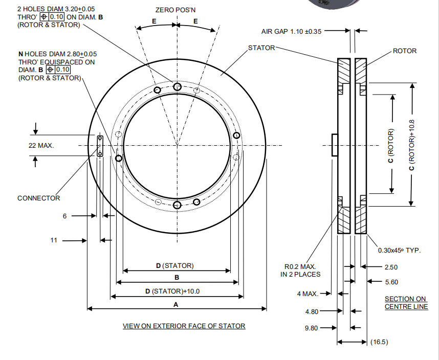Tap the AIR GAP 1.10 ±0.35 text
(292, 31)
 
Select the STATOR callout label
(261, 48)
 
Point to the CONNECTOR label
(38, 198)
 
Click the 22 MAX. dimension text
(41, 146)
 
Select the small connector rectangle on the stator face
(100, 146)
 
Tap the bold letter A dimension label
(177, 304)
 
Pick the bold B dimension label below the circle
(177, 278)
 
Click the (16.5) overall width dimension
(379, 342)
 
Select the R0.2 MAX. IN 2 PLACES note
(302, 271)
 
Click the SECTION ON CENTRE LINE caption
(405, 303)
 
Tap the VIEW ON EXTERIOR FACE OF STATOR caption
(184, 326)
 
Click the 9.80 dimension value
(312, 328)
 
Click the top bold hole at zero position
(177, 87)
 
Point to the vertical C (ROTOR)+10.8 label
(411, 145)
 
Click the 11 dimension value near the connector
(54, 240)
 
